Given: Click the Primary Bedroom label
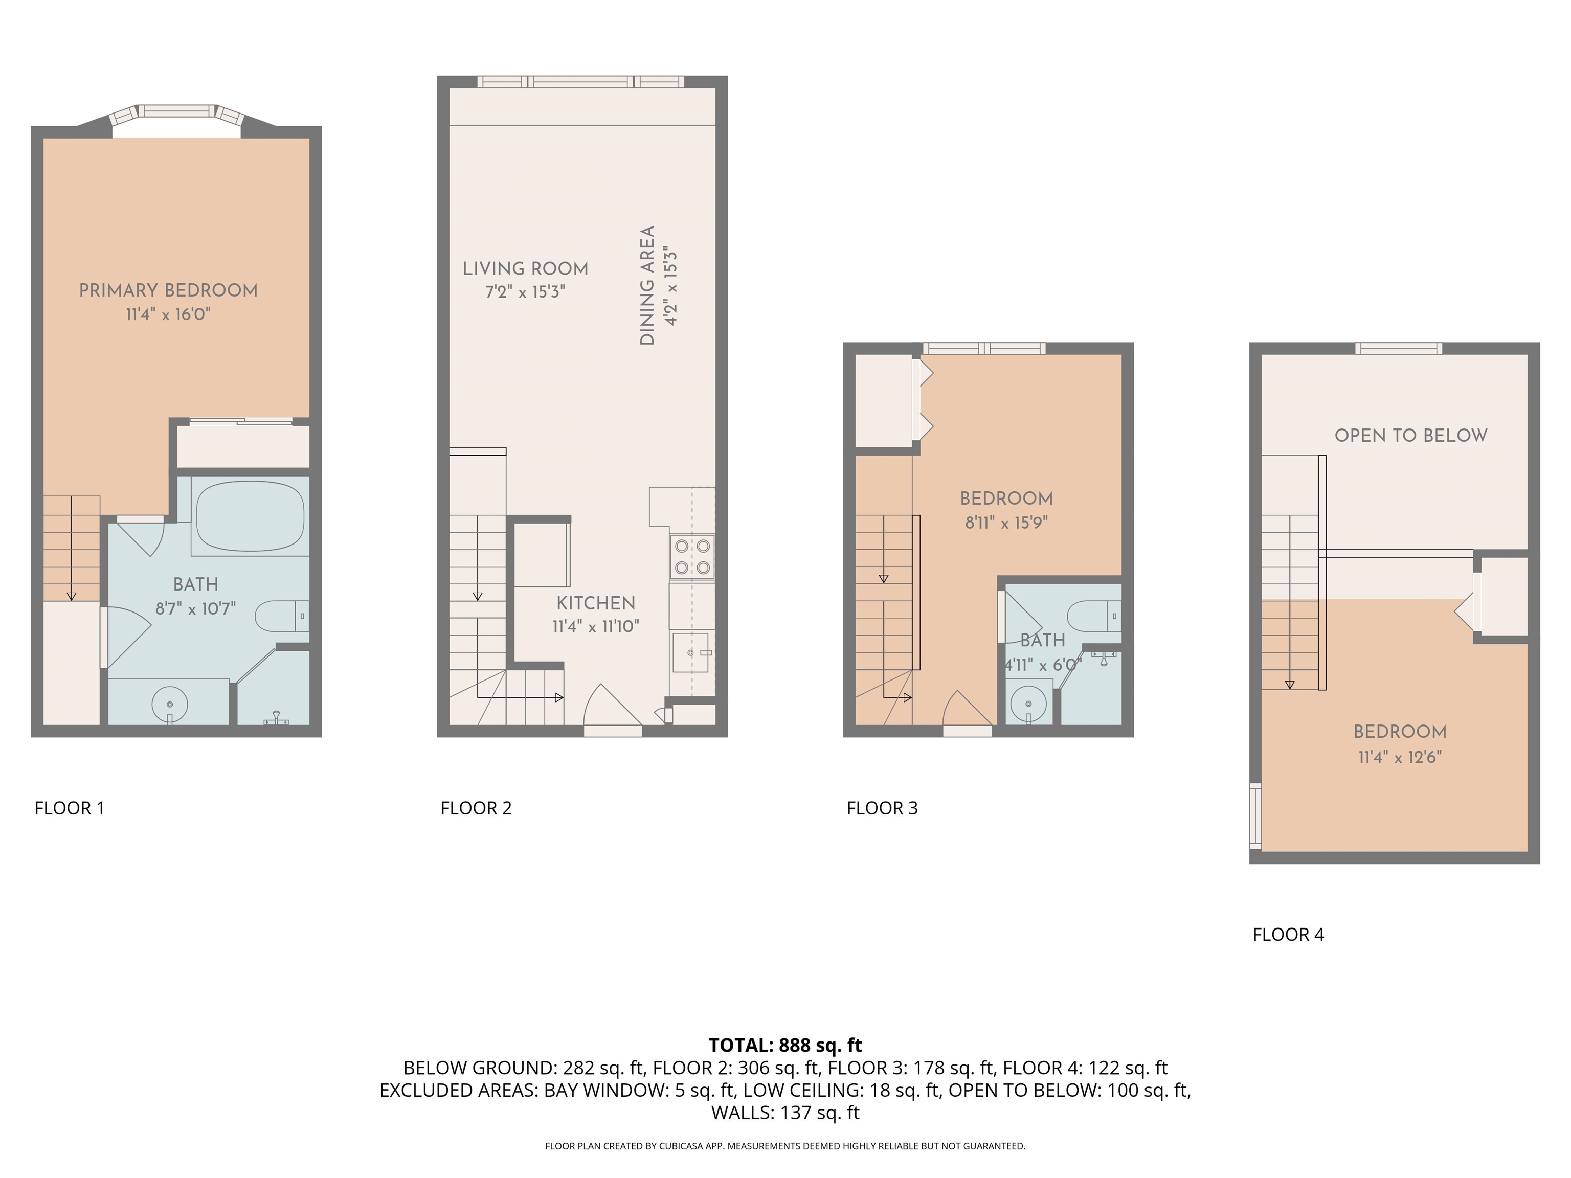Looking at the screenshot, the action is (x=168, y=290).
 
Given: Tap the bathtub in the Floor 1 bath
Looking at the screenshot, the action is (x=249, y=515).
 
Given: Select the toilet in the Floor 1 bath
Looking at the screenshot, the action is (x=282, y=616).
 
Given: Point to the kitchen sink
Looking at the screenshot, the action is (x=690, y=652).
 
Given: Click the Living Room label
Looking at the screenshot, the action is (x=526, y=269).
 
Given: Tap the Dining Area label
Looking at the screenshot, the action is (x=647, y=285).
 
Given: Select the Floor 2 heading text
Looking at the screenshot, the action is (x=476, y=808).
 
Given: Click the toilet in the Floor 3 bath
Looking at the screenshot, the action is (x=1094, y=616).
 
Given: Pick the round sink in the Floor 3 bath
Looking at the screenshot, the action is (x=1028, y=703).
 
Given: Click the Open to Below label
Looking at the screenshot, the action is (x=1410, y=435).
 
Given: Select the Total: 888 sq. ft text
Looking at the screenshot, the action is (x=785, y=1045).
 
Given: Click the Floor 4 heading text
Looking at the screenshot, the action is (x=1288, y=935).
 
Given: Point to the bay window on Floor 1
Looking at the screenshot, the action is (x=176, y=116).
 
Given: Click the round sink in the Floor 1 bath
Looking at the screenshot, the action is (x=170, y=704).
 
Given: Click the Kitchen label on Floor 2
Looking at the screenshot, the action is (x=596, y=603).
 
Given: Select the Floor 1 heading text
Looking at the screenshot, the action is (x=70, y=808).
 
